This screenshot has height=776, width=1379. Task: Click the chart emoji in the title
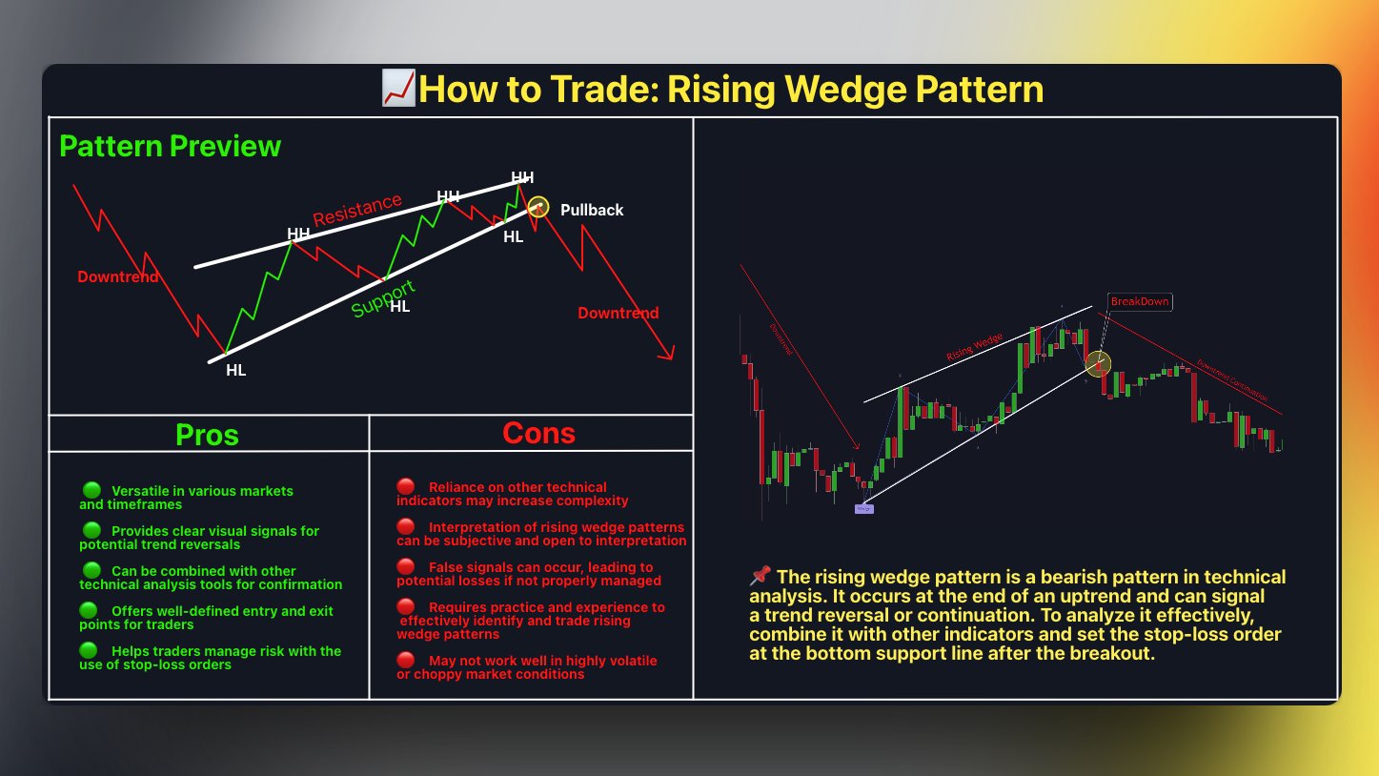coord(397,89)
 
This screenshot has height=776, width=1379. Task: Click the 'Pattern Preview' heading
coord(170,146)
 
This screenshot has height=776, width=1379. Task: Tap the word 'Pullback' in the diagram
coord(592,210)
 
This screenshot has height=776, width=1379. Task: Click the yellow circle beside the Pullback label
coord(539,206)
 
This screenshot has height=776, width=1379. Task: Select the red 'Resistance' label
coord(357,210)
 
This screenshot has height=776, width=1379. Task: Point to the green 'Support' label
coord(383,298)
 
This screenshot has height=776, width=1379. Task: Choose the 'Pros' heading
coord(207,435)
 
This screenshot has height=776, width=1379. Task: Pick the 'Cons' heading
coord(538,434)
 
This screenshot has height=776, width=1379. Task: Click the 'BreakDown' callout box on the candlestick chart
coord(1139,301)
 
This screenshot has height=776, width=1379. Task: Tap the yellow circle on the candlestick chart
coord(1099,363)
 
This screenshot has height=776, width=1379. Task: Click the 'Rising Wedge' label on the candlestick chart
coord(974,346)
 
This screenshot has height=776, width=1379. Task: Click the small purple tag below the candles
coord(863,509)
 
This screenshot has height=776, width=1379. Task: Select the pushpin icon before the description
coord(760,576)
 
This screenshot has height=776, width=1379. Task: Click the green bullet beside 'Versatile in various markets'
coord(91,490)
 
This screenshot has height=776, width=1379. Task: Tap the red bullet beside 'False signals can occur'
coord(406,566)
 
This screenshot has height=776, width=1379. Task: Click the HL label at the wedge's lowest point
coord(235,370)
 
